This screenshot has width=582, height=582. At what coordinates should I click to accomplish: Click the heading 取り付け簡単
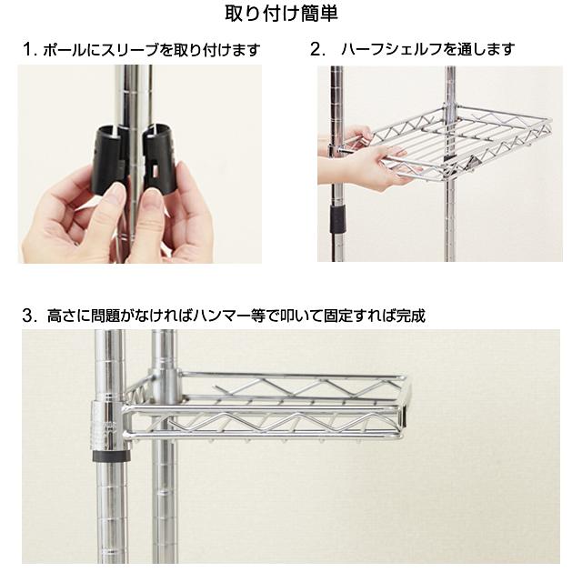point(281,14)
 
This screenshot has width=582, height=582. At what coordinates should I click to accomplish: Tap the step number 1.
point(29,49)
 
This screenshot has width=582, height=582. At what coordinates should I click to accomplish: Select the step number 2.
point(317,49)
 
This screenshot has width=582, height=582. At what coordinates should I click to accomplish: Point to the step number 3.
point(29,316)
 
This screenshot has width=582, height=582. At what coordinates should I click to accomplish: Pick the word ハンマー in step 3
point(223,316)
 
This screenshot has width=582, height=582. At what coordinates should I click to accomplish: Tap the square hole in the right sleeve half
point(155,170)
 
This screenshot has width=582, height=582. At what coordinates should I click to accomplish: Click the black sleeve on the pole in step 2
point(337,218)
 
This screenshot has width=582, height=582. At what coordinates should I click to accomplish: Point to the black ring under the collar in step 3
point(111,457)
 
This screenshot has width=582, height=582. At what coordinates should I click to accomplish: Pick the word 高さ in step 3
point(61,316)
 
